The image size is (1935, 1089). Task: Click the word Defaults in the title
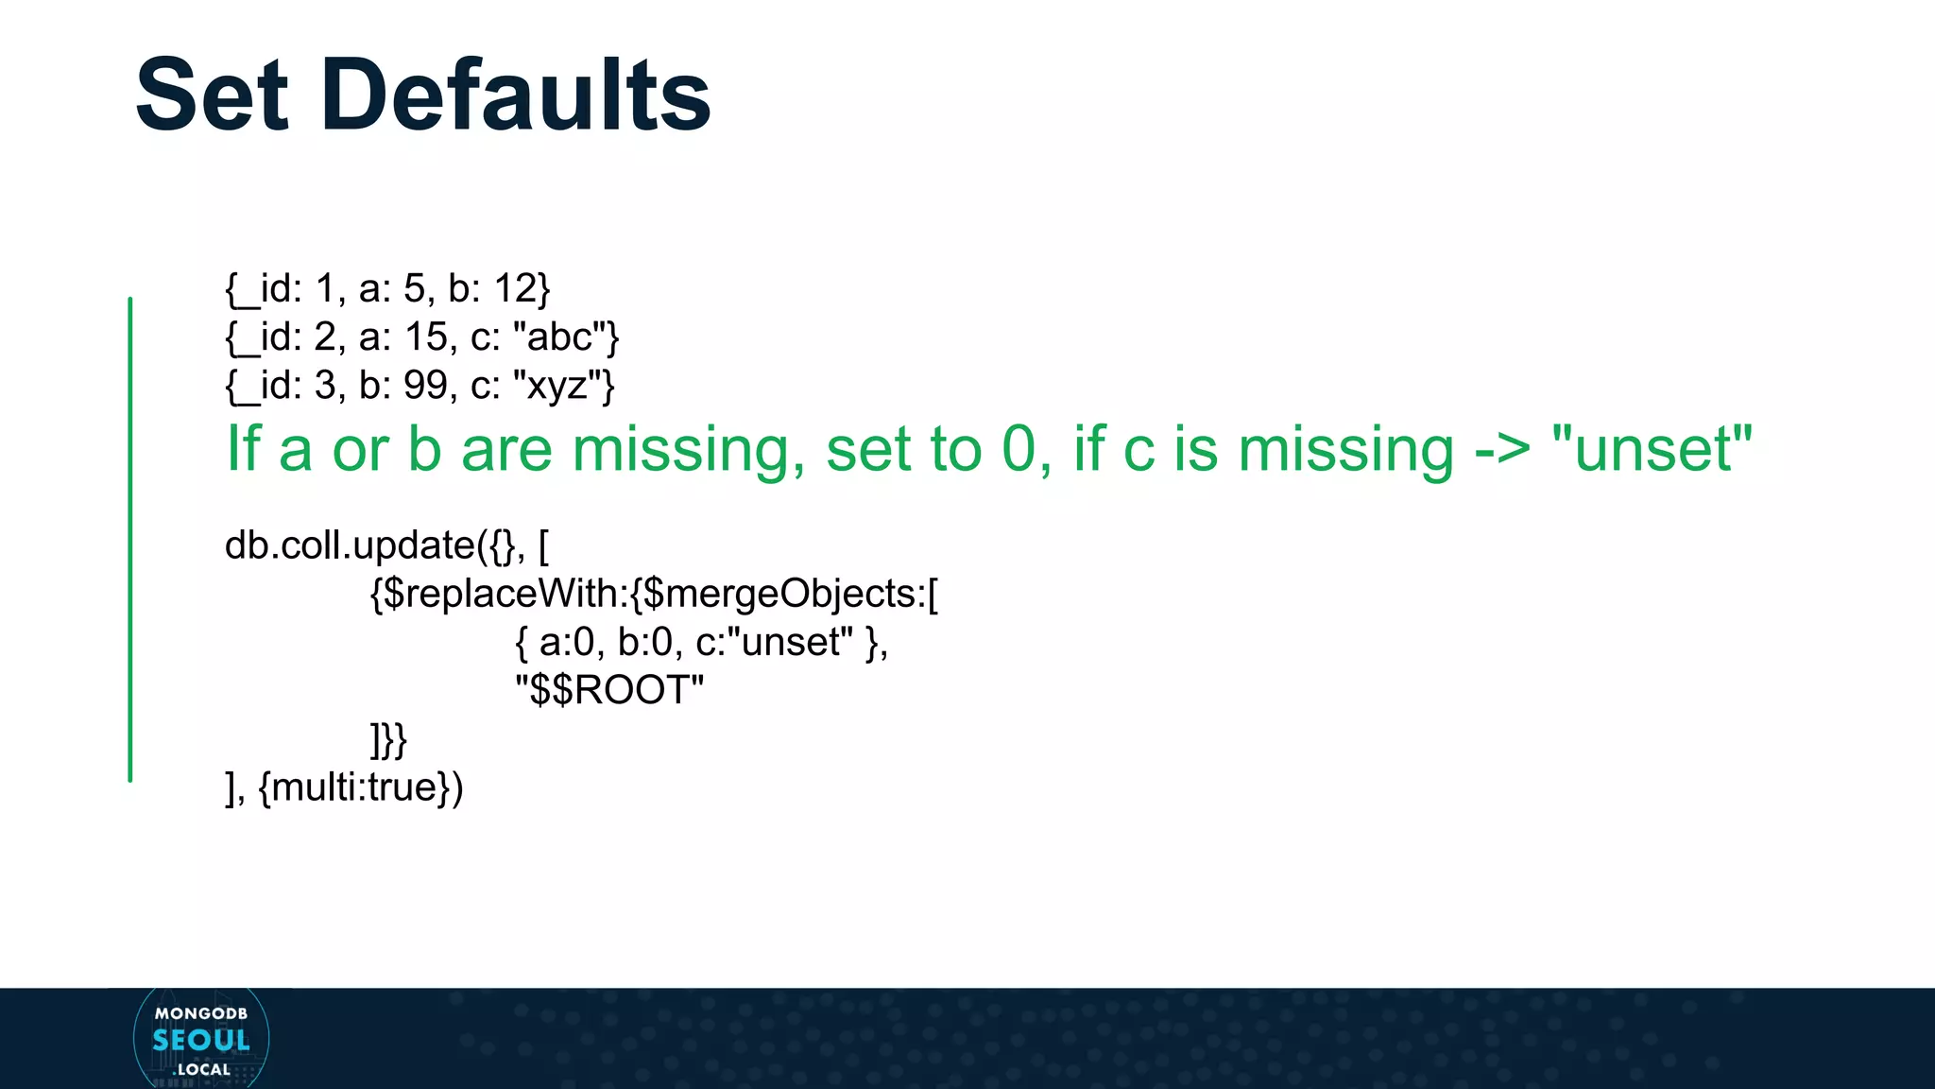pyautogui.click(x=516, y=95)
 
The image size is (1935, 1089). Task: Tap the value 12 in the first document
pyautogui.click(x=515, y=288)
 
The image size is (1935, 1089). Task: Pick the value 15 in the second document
pyautogui.click(x=425, y=337)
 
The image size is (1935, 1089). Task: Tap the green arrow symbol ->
pyautogui.click(x=1502, y=450)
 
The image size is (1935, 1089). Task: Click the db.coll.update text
pyautogui.click(x=350, y=546)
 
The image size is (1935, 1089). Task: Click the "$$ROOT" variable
pyautogui.click(x=610, y=690)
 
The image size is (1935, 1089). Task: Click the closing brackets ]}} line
pyautogui.click(x=388, y=739)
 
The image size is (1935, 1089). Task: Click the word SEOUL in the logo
pyautogui.click(x=201, y=1041)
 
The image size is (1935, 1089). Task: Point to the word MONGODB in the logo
pyautogui.click(x=201, y=1013)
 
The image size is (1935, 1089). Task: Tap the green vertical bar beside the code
pyautogui.click(x=130, y=539)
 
